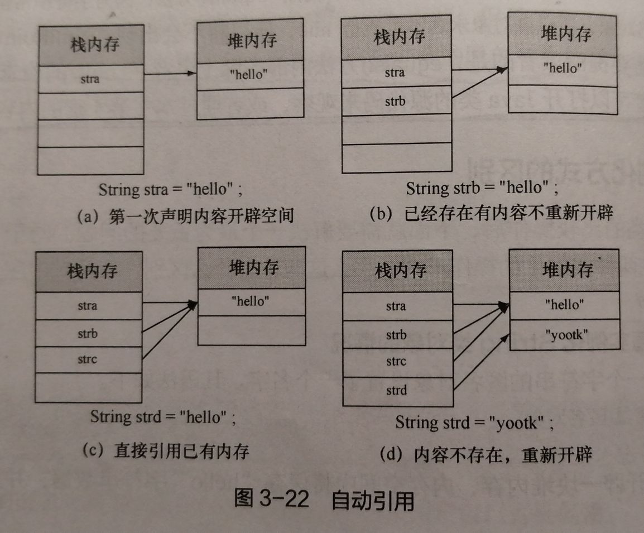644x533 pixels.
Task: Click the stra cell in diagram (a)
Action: click(90, 79)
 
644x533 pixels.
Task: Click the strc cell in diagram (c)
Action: click(87, 359)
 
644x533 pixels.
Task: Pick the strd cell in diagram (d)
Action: click(396, 390)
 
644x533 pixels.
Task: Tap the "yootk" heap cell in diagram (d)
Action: click(564, 335)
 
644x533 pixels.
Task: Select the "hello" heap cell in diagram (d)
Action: click(564, 305)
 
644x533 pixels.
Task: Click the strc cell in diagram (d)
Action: click(396, 362)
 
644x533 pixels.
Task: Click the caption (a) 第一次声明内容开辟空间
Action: click(186, 215)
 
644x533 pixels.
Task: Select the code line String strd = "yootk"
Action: click(474, 422)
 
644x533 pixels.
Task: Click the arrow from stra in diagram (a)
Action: click(170, 75)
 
